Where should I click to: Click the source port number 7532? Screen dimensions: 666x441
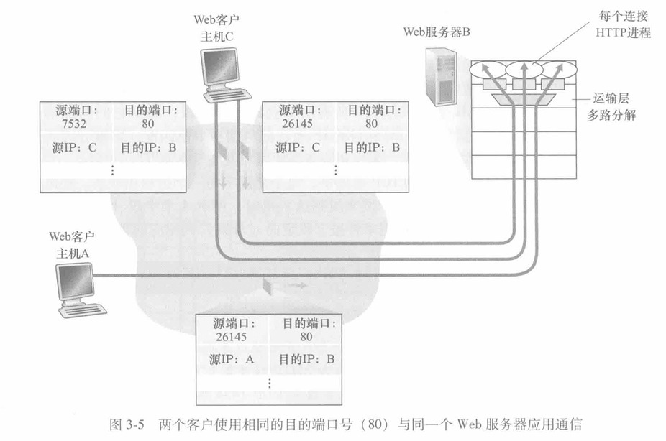pyautogui.click(x=74, y=124)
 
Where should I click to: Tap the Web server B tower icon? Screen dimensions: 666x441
pyautogui.click(x=442, y=77)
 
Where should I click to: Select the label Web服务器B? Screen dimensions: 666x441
pyautogui.click(x=437, y=32)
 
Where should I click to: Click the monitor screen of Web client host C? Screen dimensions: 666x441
pyautogui.click(x=221, y=66)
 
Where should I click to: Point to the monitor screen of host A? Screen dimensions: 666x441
pyautogui.click(x=76, y=282)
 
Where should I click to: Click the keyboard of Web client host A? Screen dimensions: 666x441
pyautogui.click(x=83, y=310)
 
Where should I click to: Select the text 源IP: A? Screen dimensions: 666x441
pyautogui.click(x=232, y=360)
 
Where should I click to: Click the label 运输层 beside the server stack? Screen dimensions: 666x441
pyautogui.click(x=611, y=98)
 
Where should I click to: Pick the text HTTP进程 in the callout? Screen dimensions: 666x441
pyautogui.click(x=623, y=32)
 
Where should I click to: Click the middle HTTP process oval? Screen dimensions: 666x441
pyautogui.click(x=524, y=69)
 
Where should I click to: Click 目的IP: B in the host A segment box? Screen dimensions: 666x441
pyautogui.click(x=306, y=360)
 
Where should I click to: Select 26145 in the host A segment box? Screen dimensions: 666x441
pyautogui.click(x=231, y=337)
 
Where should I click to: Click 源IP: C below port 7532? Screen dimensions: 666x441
pyautogui.click(x=74, y=147)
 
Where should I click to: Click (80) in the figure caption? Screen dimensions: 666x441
pyautogui.click(x=374, y=424)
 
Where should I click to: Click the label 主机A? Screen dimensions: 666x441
pyautogui.click(x=73, y=254)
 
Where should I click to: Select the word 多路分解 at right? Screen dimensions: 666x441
pyautogui.click(x=611, y=115)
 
